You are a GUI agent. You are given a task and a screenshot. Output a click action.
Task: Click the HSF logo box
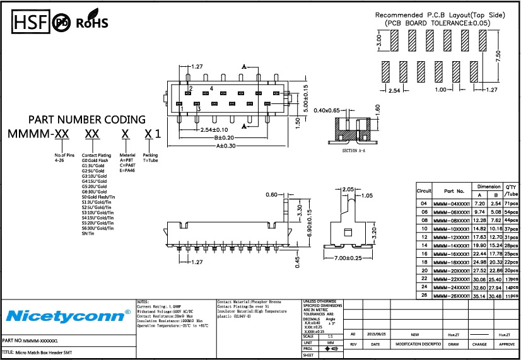[29, 23]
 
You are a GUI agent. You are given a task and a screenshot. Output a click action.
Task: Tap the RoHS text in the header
[92, 23]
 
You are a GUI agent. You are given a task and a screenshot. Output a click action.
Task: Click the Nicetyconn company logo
[68, 315]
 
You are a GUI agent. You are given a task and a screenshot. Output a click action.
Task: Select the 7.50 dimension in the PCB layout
[499, 57]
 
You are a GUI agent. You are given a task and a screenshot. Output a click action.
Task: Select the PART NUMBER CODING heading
[87, 119]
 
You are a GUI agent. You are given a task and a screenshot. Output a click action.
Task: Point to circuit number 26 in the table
[423, 294]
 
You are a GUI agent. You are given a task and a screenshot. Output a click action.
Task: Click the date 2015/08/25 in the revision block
[376, 335]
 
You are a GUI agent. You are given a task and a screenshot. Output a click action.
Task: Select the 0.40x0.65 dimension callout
[326, 110]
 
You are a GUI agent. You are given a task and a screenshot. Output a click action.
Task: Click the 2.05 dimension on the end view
[348, 189]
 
